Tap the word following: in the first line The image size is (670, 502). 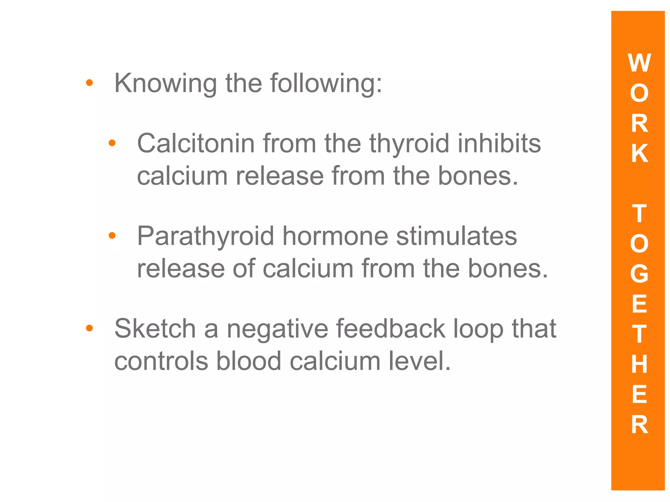tap(326, 84)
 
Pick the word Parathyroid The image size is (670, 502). tap(205, 236)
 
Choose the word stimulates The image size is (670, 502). tap(457, 236)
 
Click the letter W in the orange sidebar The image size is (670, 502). tap(639, 63)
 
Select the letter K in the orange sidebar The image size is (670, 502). tap(639, 153)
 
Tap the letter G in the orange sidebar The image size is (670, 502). tap(639, 274)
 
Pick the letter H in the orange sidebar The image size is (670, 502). tap(639, 364)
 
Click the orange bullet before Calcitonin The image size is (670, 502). tap(112, 143)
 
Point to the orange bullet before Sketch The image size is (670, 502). tap(89, 328)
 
